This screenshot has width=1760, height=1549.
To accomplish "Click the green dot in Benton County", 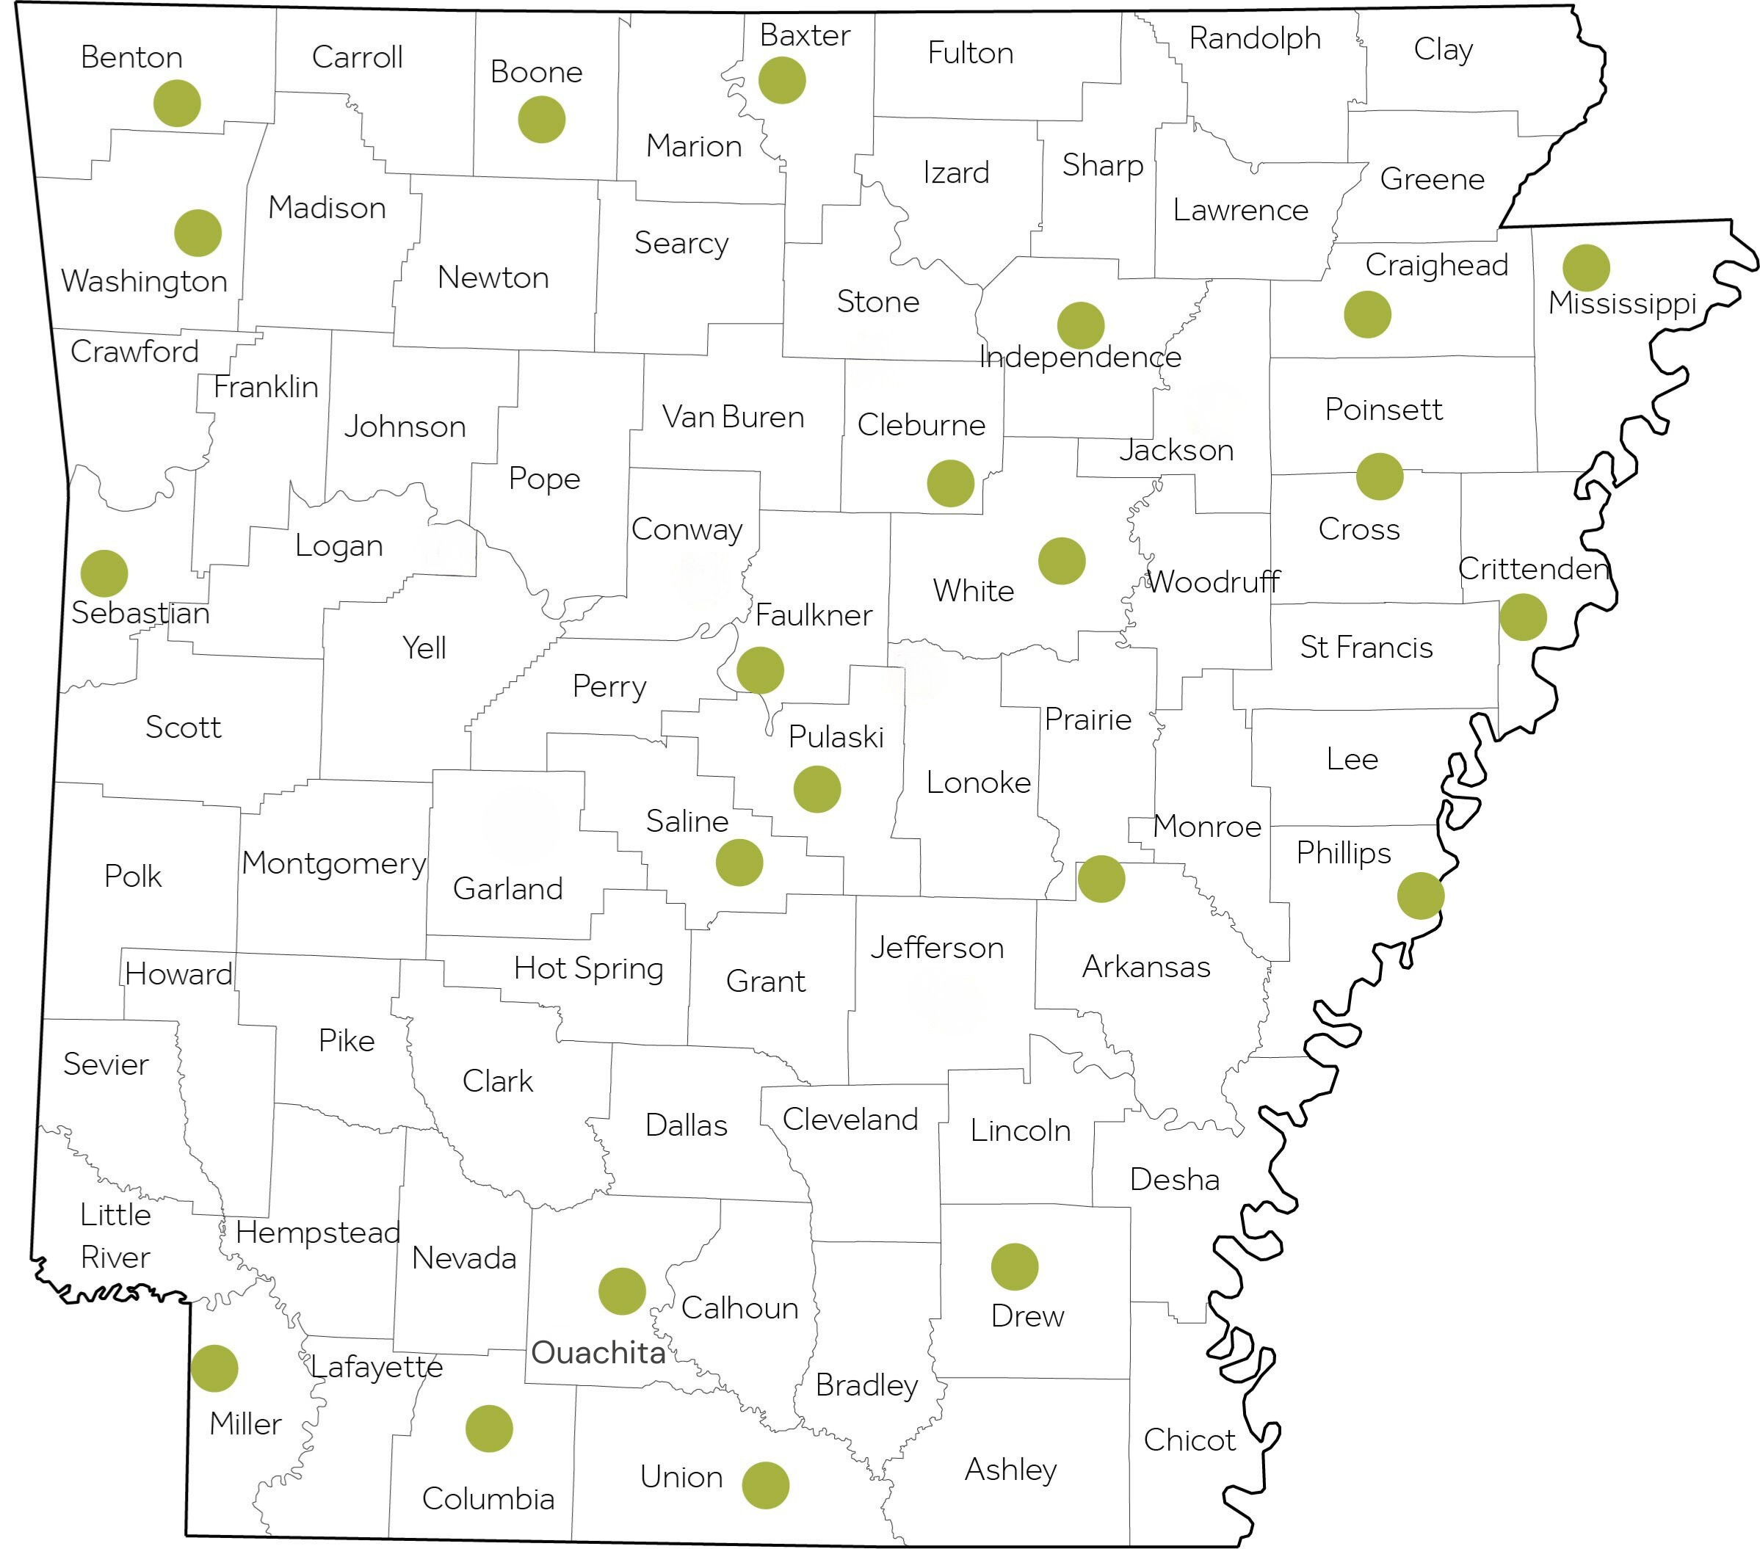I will (178, 104).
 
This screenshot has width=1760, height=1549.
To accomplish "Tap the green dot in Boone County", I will (542, 119).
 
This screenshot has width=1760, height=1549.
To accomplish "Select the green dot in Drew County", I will (1014, 1266).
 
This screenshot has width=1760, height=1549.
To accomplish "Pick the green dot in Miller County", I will (214, 1368).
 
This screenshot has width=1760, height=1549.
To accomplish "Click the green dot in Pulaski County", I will (817, 788).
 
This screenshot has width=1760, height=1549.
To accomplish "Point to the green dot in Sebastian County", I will (104, 573).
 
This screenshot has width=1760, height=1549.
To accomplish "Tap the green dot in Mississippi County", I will (1586, 268).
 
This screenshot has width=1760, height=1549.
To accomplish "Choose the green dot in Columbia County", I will (489, 1429).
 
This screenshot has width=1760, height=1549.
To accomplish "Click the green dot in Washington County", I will (198, 233).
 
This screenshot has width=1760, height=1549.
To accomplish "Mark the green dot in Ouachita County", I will (622, 1291).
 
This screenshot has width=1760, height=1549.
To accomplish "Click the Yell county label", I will (424, 647).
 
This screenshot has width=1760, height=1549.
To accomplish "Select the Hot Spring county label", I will (588, 968).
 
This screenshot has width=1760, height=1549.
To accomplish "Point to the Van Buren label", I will (733, 417).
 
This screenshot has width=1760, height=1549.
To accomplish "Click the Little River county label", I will (115, 1236).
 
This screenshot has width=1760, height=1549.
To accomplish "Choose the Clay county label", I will (1443, 49).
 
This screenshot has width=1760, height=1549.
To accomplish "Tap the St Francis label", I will (1366, 647).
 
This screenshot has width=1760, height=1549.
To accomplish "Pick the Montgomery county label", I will (333, 863).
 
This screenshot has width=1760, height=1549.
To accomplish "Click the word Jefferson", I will (937, 947).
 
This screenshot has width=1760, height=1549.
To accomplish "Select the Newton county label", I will (493, 277).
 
